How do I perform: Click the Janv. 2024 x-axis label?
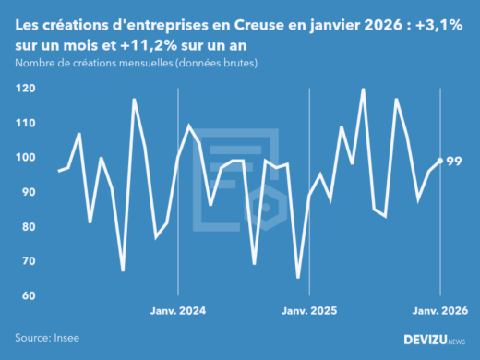[177, 312]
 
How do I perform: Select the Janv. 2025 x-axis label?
[309, 312]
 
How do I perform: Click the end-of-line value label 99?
[455, 162]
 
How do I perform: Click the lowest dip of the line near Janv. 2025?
[298, 277]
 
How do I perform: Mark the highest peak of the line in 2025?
[363, 90]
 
